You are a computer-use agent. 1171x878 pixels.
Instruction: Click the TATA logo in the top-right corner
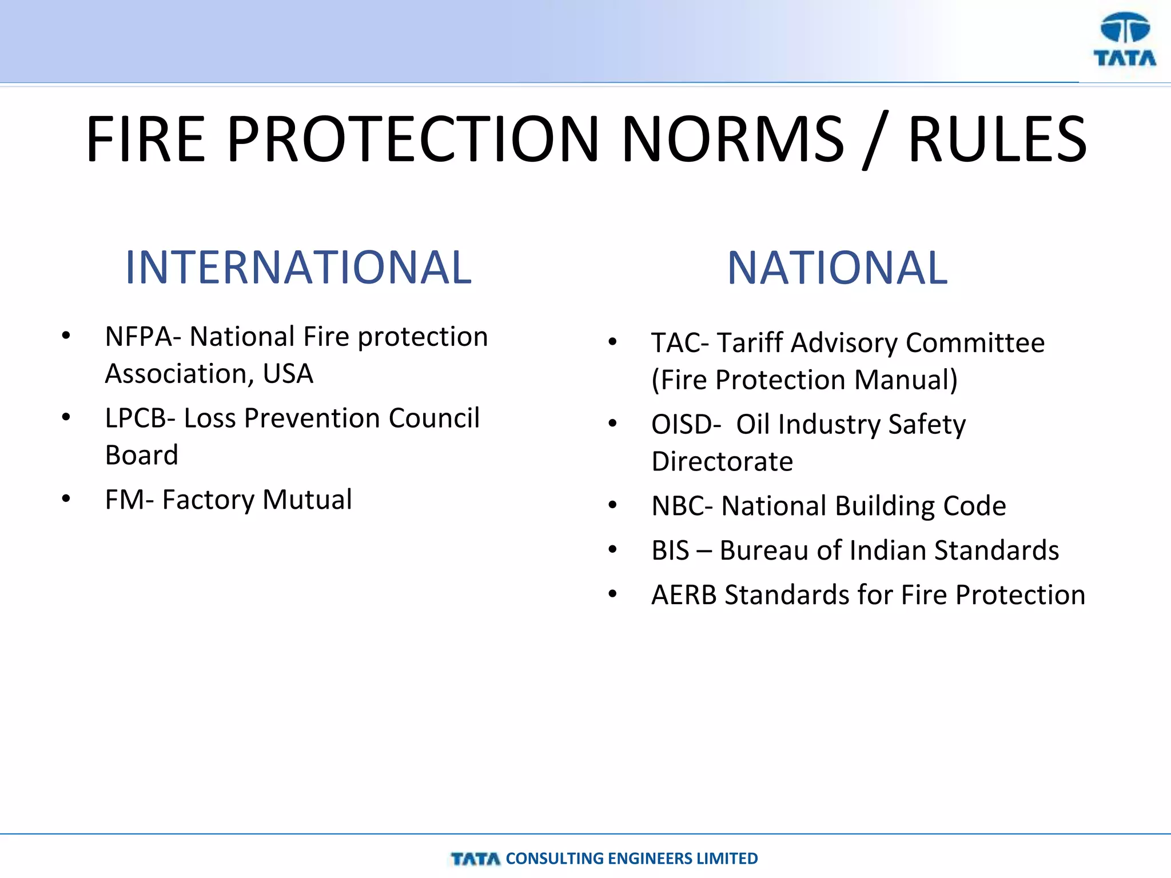coord(1124,40)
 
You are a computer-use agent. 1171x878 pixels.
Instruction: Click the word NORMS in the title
coord(732,139)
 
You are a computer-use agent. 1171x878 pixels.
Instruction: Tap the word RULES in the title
coord(997,139)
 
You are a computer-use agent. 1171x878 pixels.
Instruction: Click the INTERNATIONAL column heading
coord(298,268)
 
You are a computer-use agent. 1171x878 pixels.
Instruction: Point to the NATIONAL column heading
coord(837,268)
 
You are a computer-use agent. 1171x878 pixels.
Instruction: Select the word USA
coord(288,374)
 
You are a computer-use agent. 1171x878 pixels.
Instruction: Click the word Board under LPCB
coord(142,456)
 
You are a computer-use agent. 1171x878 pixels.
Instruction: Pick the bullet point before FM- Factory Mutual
coord(66,499)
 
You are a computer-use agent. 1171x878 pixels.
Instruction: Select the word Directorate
coord(722,462)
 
